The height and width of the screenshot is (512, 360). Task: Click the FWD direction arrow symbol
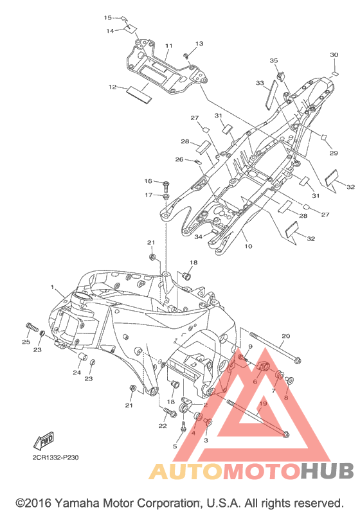point(44,441)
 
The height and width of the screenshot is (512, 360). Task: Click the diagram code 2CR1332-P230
point(55,458)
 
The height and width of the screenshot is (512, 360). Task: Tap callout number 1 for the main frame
point(52,287)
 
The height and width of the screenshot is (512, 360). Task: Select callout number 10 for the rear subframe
point(248,246)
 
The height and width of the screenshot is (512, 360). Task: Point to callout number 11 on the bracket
point(168,46)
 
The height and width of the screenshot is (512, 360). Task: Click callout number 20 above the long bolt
point(286,336)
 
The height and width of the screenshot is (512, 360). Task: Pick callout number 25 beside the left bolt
point(26,342)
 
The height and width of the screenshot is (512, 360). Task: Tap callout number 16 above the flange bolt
point(148,181)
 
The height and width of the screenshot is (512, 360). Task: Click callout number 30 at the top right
point(334,55)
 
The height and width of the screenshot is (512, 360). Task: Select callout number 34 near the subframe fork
point(198,237)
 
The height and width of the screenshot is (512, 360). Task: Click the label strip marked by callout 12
point(139,94)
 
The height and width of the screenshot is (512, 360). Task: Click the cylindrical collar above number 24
point(83,358)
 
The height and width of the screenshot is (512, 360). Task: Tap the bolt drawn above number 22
point(170,412)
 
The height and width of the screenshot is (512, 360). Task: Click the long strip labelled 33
point(271,93)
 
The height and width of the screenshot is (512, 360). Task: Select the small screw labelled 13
point(185,55)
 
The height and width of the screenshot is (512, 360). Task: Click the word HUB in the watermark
point(327,471)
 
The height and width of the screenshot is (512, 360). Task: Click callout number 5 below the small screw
point(175,446)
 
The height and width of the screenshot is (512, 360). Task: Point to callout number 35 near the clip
point(274,60)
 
